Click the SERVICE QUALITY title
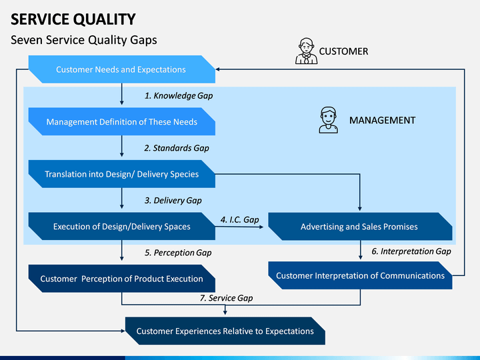click(x=73, y=19)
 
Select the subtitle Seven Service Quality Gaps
click(x=84, y=40)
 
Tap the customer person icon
click(x=306, y=51)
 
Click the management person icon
click(x=328, y=120)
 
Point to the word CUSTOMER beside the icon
click(x=343, y=51)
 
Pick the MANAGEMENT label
click(x=383, y=120)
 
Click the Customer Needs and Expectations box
click(x=122, y=69)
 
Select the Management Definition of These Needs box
click(x=122, y=121)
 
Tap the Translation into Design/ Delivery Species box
click(x=122, y=174)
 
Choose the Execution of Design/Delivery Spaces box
click(x=122, y=226)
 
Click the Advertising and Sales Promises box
click(x=360, y=227)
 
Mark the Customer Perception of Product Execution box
click(x=122, y=279)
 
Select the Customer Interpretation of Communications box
click(x=360, y=275)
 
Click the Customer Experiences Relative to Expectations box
click(x=225, y=331)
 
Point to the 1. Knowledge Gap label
click(x=179, y=96)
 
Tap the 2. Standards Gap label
click(x=177, y=148)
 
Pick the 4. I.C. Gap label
click(x=240, y=220)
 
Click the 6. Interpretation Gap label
click(x=411, y=251)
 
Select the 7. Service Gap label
click(x=226, y=298)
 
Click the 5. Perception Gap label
click(x=178, y=253)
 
